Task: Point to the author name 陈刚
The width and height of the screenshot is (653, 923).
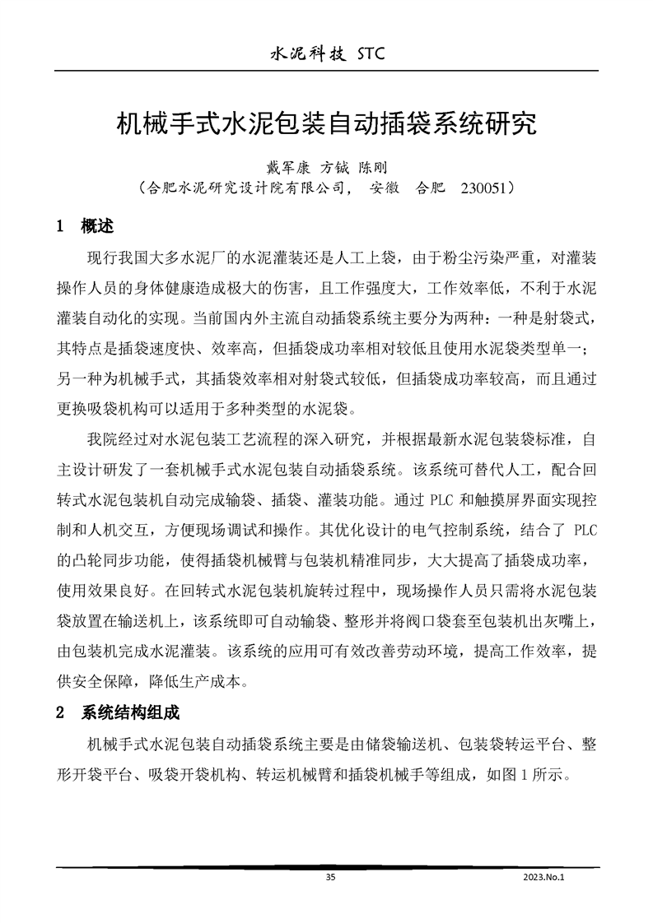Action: pyautogui.click(x=373, y=168)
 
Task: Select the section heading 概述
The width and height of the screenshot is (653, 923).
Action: pyautogui.click(x=97, y=225)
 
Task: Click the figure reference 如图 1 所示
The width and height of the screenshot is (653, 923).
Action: pyautogui.click(x=534, y=774)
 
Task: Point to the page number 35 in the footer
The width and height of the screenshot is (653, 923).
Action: pyautogui.click(x=330, y=877)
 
